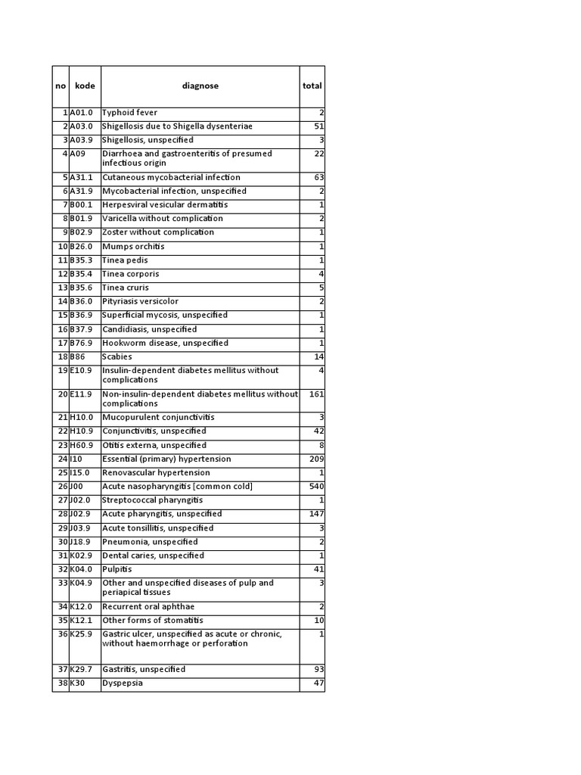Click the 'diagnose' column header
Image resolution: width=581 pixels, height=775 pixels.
pyautogui.click(x=200, y=86)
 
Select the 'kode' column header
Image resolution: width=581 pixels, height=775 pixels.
pyautogui.click(x=85, y=86)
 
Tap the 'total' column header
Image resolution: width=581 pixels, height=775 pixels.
pyautogui.click(x=312, y=86)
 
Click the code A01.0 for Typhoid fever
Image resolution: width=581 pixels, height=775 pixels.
pyautogui.click(x=81, y=113)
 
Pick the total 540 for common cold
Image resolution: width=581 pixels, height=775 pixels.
pyautogui.click(x=315, y=487)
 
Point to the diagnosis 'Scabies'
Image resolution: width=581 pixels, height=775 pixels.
pyautogui.click(x=117, y=356)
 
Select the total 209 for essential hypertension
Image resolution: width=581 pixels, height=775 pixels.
pyautogui.click(x=315, y=459)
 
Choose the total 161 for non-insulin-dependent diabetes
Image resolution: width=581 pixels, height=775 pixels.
pyautogui.click(x=315, y=394)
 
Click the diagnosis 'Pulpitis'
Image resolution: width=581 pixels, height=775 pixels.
pyautogui.click(x=117, y=569)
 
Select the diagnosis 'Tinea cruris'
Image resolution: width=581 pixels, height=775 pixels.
pyautogui.click(x=126, y=288)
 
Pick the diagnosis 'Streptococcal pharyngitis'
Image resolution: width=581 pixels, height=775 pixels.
pyautogui.click(x=153, y=500)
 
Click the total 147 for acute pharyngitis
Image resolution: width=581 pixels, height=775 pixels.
pyautogui.click(x=315, y=514)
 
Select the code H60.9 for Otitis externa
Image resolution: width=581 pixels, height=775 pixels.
pyautogui.click(x=81, y=446)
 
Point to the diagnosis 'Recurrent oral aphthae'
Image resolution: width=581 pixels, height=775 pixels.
pyautogui.click(x=148, y=607)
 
